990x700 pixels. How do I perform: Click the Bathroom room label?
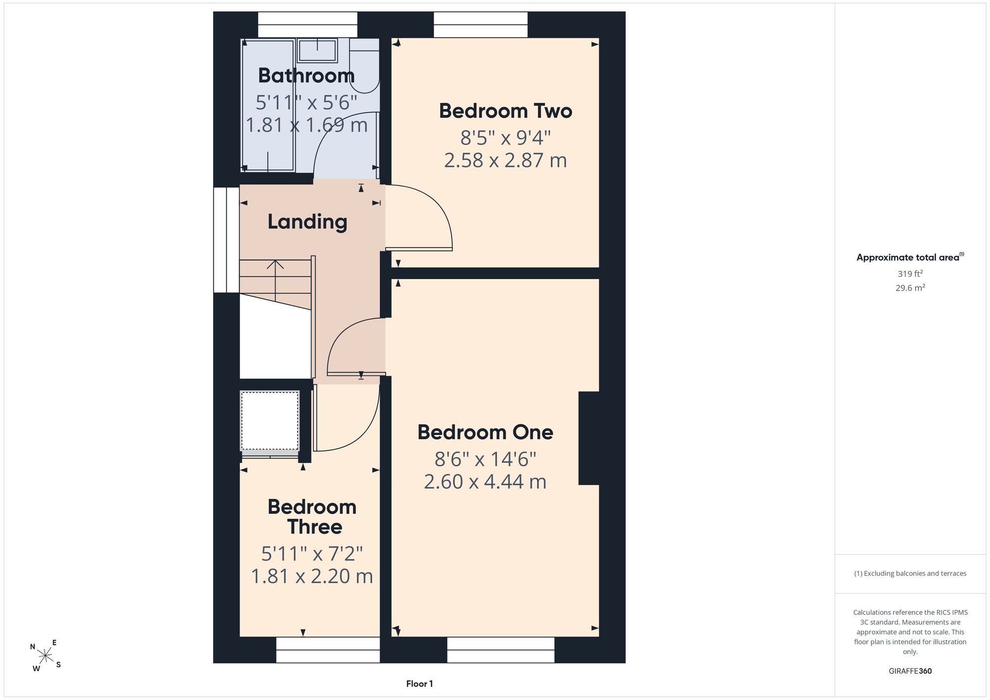point(306,76)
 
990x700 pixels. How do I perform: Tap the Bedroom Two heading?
point(505,111)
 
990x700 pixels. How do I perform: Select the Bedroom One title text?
point(485,432)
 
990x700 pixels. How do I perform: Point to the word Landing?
point(307,222)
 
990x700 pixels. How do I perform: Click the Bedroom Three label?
point(312,517)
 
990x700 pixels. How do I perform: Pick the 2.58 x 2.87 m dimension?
point(505,160)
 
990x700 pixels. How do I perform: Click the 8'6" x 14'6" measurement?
point(486,459)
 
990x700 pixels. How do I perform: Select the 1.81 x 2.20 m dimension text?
point(312,576)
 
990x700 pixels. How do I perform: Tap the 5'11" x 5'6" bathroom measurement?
point(306,102)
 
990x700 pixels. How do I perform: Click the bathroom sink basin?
point(317,50)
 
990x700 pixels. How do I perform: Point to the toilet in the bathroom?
point(364,65)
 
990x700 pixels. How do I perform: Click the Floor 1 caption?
point(419,684)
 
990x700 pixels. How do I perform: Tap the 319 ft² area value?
point(910,273)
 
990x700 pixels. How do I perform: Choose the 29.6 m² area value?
point(910,288)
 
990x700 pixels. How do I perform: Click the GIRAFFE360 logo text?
point(910,671)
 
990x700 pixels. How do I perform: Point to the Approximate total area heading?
point(910,257)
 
